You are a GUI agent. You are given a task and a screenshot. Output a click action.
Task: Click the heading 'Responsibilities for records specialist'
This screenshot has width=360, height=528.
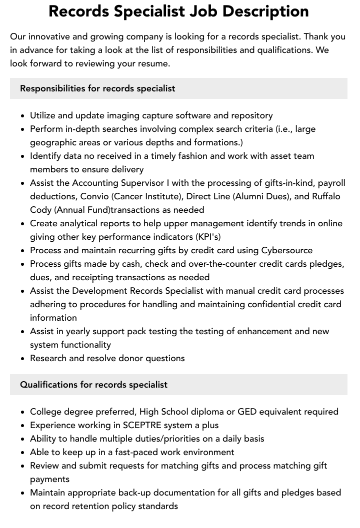pos(97,88)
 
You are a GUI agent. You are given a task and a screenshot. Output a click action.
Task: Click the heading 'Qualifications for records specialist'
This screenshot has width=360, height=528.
pos(93,385)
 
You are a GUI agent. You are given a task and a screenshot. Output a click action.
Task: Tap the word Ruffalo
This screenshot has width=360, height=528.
pos(326,196)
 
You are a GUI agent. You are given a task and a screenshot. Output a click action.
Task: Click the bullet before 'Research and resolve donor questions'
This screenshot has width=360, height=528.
pos(23,359)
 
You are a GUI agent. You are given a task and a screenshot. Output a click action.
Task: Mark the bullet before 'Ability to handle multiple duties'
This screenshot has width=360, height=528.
pos(23,439)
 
